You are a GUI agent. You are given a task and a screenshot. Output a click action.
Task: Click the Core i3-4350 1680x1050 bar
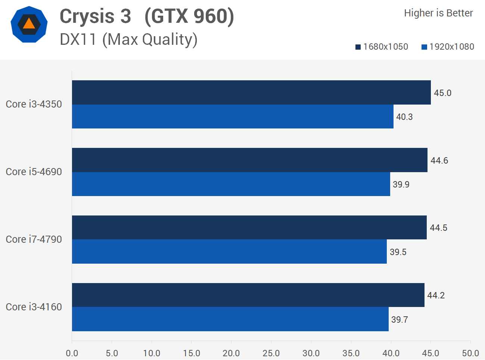coord(251,92)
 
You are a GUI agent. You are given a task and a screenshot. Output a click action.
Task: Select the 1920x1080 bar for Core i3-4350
coord(233,117)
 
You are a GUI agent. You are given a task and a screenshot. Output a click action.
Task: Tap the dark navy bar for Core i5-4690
coord(249,160)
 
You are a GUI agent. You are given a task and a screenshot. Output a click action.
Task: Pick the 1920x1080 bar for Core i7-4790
coord(229,252)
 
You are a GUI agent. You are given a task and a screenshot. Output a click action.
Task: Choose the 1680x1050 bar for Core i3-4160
coord(248,295)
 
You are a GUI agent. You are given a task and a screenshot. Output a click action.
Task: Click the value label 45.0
coord(442,93)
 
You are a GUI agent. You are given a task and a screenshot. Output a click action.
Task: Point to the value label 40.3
coord(404,117)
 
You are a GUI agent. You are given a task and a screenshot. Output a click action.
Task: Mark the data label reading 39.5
coord(398,252)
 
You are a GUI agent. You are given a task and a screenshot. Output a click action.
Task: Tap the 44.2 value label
coord(436,295)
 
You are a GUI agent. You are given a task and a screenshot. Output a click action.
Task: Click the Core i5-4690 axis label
coord(34,172)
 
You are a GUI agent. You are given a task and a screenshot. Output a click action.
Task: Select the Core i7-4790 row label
coord(34,239)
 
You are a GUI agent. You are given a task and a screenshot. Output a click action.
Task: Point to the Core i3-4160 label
coord(34,307)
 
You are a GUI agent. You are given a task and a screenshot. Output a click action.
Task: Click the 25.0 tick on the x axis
coord(271,353)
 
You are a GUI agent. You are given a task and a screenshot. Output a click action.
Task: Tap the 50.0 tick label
coord(470,353)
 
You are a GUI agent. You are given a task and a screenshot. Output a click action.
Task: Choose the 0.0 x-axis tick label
coord(72,353)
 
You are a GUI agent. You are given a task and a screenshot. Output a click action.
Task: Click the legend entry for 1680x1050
coord(382,47)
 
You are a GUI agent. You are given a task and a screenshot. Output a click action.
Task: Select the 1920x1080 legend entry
coord(448,47)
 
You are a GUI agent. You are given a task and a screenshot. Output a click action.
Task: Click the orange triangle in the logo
coord(29,24)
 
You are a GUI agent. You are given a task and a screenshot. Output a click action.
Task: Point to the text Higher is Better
coord(438,13)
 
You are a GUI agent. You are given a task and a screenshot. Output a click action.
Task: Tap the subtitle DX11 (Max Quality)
coord(129,40)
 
